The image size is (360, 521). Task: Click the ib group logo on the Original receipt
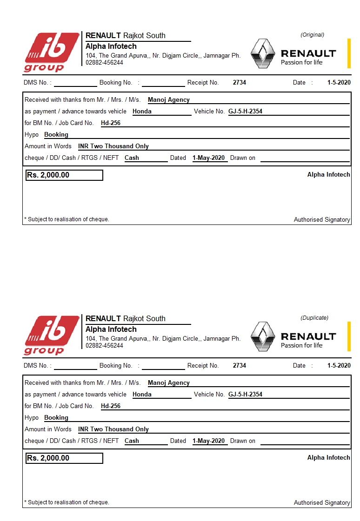[x=51, y=52]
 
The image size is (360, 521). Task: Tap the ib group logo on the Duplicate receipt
[x=51, y=335]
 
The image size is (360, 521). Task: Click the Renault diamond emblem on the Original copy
[x=263, y=53]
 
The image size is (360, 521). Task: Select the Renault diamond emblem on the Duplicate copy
[x=263, y=336]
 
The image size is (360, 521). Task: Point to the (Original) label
[x=312, y=35]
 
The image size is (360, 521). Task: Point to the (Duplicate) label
[x=314, y=318]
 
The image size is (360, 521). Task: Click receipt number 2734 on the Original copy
[x=240, y=83]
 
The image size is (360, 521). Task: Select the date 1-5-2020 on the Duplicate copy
[x=339, y=366]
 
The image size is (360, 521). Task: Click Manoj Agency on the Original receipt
[x=169, y=99]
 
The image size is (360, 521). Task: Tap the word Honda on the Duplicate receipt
[x=142, y=395]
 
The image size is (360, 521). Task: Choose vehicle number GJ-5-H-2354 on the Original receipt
[x=245, y=112]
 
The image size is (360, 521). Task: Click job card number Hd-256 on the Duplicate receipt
[x=111, y=406]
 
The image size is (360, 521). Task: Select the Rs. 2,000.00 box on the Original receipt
[x=64, y=175]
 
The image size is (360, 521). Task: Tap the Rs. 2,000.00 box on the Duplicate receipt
[x=64, y=458]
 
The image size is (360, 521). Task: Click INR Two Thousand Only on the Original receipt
[x=113, y=146]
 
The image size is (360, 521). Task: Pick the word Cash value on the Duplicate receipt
[x=132, y=441]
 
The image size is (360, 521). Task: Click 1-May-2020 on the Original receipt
[x=209, y=158]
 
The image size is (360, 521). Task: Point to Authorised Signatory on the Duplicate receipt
[x=322, y=503]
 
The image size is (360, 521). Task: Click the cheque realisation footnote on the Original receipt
[x=67, y=219]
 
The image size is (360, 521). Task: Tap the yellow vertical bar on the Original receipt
[x=349, y=53]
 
